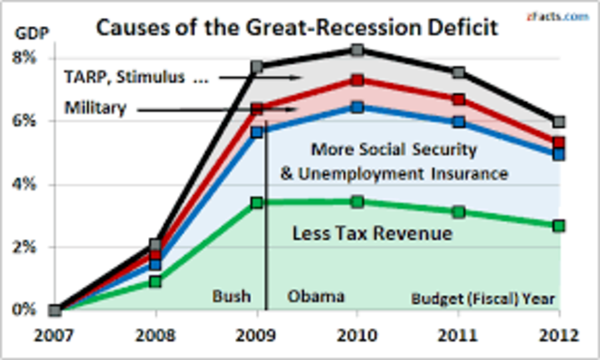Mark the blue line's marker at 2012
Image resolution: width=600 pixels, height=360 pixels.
[x=559, y=154]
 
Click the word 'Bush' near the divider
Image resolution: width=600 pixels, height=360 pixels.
[x=232, y=297]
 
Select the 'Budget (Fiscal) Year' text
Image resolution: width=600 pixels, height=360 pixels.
[x=485, y=300]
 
